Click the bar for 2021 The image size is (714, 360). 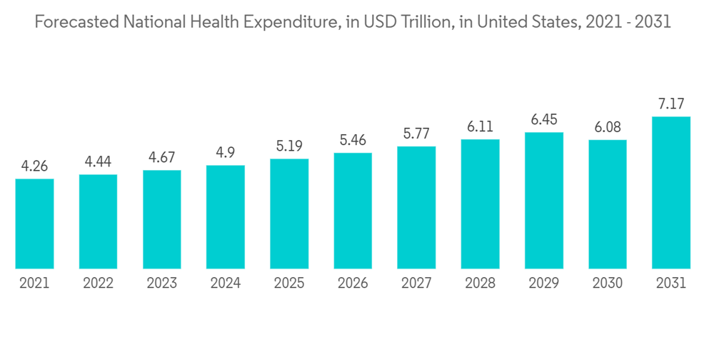tap(34, 224)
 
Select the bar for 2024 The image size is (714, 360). tap(226, 217)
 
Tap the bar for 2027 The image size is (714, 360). tap(416, 208)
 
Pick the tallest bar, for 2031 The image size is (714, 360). tap(671, 193)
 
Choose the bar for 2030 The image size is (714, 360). tap(608, 204)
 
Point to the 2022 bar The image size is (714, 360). tap(98, 221)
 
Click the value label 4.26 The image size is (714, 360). tap(34, 167)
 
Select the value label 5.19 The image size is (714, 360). tap(289, 147)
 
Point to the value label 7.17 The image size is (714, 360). tap(671, 105)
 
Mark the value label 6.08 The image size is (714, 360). tap(608, 128)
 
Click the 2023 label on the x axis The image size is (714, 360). tap(162, 284)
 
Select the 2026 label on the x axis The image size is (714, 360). tap(353, 284)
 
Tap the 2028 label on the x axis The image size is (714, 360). tap(481, 284)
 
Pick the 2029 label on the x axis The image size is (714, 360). tap(544, 284)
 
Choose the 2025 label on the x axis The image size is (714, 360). tap(289, 284)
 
